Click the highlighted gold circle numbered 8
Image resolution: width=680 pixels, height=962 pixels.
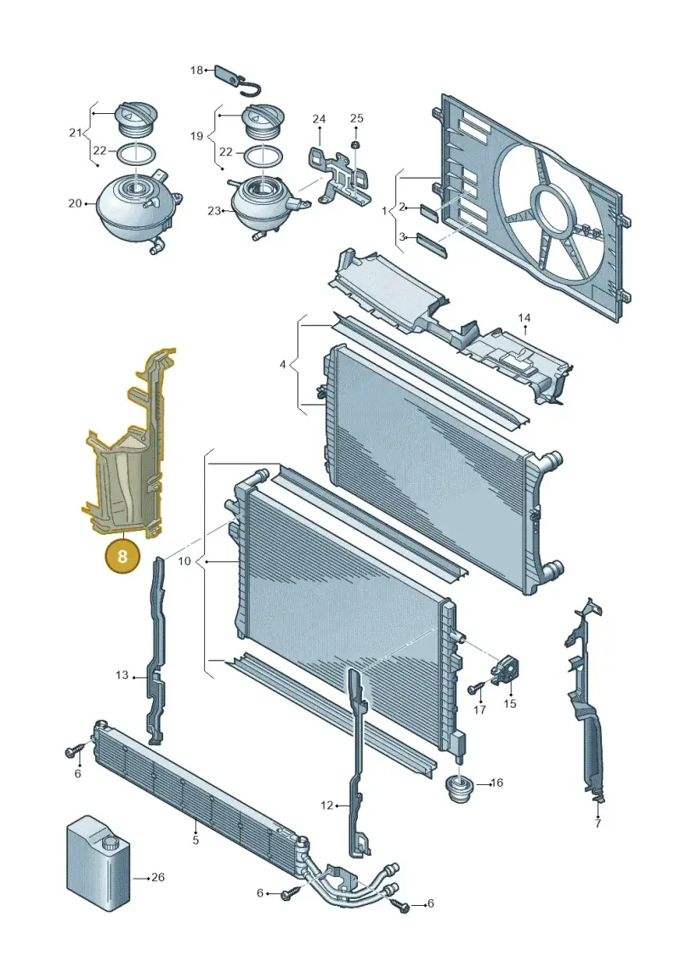pyautogui.click(x=122, y=555)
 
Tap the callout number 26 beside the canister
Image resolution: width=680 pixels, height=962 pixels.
pyautogui.click(x=157, y=877)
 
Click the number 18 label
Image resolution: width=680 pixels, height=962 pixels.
pyautogui.click(x=196, y=71)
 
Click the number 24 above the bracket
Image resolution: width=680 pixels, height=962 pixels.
pyautogui.click(x=319, y=118)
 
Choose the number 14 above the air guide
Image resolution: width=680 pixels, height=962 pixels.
pyautogui.click(x=524, y=318)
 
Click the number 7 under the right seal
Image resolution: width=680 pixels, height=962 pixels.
pyautogui.click(x=598, y=823)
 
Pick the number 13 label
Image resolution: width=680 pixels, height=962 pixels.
pyautogui.click(x=122, y=675)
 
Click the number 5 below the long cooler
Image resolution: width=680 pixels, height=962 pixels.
pyautogui.click(x=195, y=840)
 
